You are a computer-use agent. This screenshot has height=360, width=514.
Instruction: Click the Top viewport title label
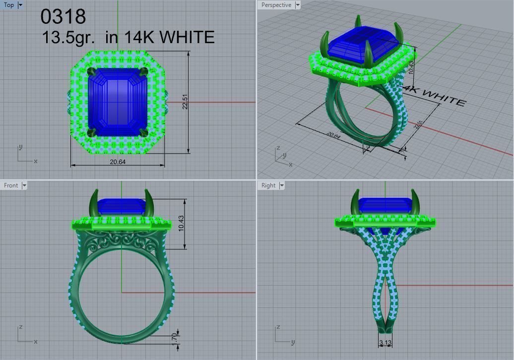(9, 5)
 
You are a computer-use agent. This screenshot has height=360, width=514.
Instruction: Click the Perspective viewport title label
(276, 5)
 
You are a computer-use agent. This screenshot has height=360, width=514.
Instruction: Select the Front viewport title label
(11, 185)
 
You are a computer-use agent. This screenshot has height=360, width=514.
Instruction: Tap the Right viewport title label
(268, 185)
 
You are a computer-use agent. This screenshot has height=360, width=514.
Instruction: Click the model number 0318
(63, 16)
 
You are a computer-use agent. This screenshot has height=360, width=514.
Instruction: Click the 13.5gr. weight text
(69, 37)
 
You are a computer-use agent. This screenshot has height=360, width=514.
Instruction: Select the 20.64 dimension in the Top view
(118, 162)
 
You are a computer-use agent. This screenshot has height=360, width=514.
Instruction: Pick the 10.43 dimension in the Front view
(181, 224)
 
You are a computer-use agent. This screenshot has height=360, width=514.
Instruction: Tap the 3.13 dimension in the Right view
(385, 343)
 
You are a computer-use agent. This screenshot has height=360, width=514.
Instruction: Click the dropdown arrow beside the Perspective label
(298, 5)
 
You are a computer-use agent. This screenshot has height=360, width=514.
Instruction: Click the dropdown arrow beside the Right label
(282, 185)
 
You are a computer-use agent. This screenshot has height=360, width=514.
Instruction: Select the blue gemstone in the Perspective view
(365, 47)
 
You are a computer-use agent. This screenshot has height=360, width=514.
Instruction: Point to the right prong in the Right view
(415, 203)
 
